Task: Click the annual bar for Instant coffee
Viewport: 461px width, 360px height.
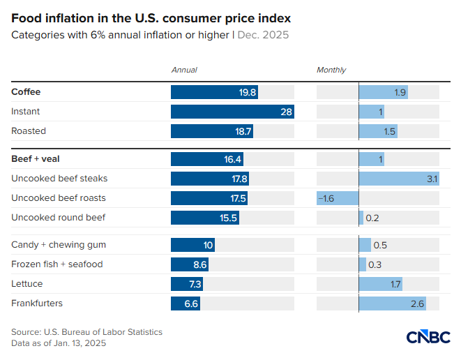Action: pos(232,112)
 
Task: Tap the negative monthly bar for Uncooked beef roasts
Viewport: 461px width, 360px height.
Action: pos(338,198)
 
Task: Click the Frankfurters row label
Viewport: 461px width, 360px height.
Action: pos(37,303)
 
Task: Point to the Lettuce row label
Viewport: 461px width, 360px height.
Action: pos(27,284)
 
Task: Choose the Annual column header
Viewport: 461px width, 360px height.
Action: pos(184,70)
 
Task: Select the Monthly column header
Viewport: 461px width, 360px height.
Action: pos(331,70)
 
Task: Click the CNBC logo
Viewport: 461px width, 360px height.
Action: pos(428,336)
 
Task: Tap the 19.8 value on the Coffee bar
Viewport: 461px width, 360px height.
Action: pos(248,92)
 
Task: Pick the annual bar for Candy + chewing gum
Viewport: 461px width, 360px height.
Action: pos(192,245)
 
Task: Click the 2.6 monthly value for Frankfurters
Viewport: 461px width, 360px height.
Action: pos(417,303)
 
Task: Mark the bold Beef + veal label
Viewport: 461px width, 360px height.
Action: pos(30,159)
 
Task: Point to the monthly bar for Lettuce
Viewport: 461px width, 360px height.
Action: pos(381,284)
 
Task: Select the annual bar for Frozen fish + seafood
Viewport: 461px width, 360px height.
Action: pos(190,264)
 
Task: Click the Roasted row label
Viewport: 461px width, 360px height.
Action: pos(29,131)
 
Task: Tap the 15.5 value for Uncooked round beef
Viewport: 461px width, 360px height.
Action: pos(229,218)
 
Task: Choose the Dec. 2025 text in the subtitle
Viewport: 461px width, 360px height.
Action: pos(264,34)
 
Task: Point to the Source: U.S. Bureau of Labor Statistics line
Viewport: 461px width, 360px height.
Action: pos(86,332)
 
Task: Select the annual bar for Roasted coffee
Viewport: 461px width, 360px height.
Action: pos(212,131)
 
